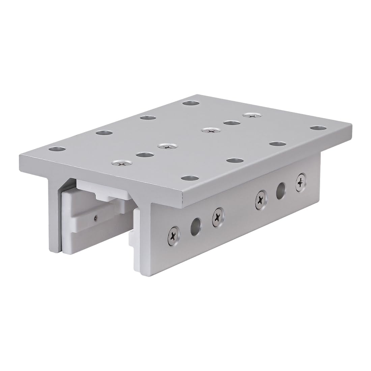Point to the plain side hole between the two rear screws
[281, 191]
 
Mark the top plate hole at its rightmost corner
[318, 128]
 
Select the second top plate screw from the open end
[167, 146]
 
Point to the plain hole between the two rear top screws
[231, 122]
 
